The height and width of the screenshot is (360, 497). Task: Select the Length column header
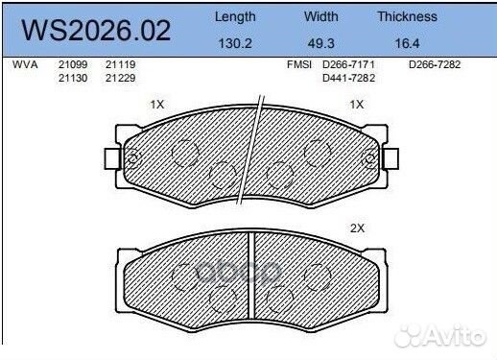pos(234,16)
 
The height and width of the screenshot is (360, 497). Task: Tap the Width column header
pos(321,16)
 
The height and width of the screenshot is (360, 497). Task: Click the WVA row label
pos(24,64)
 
